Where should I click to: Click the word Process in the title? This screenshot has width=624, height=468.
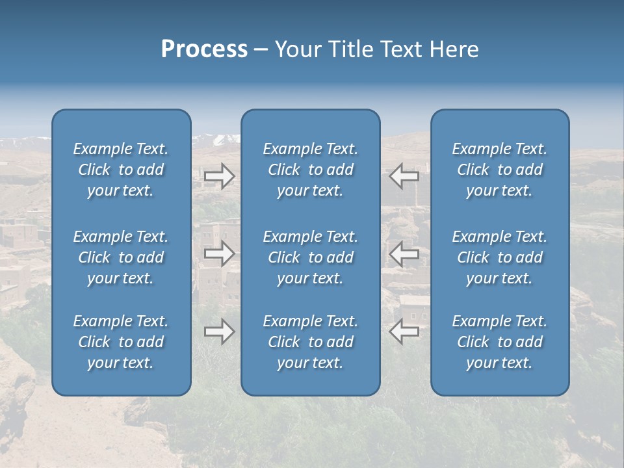point(204,49)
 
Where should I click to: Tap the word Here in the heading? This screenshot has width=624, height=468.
point(454,49)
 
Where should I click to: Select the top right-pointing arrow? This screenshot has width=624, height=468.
point(220,176)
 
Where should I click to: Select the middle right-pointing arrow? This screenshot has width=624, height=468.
point(220,253)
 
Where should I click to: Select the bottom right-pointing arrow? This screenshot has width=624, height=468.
point(220,331)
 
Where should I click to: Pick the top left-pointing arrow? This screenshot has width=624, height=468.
point(404,175)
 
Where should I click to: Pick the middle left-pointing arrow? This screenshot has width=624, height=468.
point(404,253)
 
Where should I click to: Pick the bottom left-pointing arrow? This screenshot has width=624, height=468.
point(404,331)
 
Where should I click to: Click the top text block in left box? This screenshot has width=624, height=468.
point(121,170)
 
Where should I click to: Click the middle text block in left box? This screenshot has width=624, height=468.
point(121,257)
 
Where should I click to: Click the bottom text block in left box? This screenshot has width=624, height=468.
point(121,342)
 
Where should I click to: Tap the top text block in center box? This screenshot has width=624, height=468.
point(310,170)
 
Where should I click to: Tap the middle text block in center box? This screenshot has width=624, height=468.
point(310,257)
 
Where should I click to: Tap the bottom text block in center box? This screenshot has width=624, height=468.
point(310,342)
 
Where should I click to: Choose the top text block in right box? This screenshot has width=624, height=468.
point(499,170)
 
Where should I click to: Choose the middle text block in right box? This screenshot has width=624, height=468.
point(499,257)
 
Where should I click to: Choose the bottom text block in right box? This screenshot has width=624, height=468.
point(499,342)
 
